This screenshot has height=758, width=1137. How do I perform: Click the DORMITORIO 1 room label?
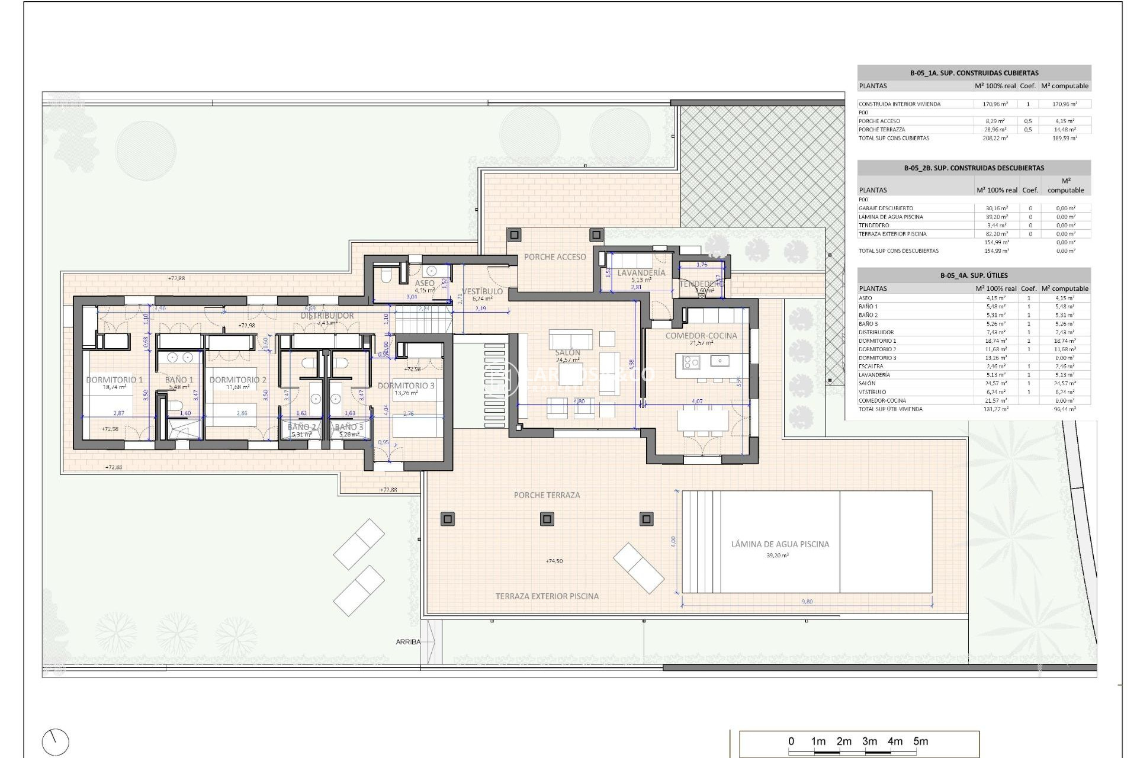114,380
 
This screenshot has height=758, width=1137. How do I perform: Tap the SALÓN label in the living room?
567,352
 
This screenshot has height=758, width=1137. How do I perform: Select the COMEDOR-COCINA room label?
701,335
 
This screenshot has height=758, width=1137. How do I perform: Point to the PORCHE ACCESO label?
555,256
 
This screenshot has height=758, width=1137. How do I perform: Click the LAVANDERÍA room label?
641,273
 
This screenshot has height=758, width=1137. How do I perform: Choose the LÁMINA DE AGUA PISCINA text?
780,544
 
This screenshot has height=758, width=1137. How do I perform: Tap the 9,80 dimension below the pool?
807,602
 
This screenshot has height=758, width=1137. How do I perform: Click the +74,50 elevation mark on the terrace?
554,561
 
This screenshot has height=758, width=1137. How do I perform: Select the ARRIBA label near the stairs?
408,642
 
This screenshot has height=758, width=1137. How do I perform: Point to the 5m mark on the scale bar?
920,741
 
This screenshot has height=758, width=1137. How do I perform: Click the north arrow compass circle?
56,742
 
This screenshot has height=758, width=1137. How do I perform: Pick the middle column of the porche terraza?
547,519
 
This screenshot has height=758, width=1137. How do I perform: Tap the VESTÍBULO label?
482,291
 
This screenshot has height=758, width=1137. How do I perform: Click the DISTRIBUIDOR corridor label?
327,316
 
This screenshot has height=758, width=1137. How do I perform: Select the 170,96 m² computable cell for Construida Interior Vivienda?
1064,104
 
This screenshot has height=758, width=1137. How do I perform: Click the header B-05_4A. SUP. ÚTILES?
974,275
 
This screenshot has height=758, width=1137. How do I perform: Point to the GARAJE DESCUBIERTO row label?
885,208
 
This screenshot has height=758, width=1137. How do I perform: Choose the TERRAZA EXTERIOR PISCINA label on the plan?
547,596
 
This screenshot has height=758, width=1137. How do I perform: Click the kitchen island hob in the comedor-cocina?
690,361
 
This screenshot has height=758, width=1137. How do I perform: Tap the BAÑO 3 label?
348,426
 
